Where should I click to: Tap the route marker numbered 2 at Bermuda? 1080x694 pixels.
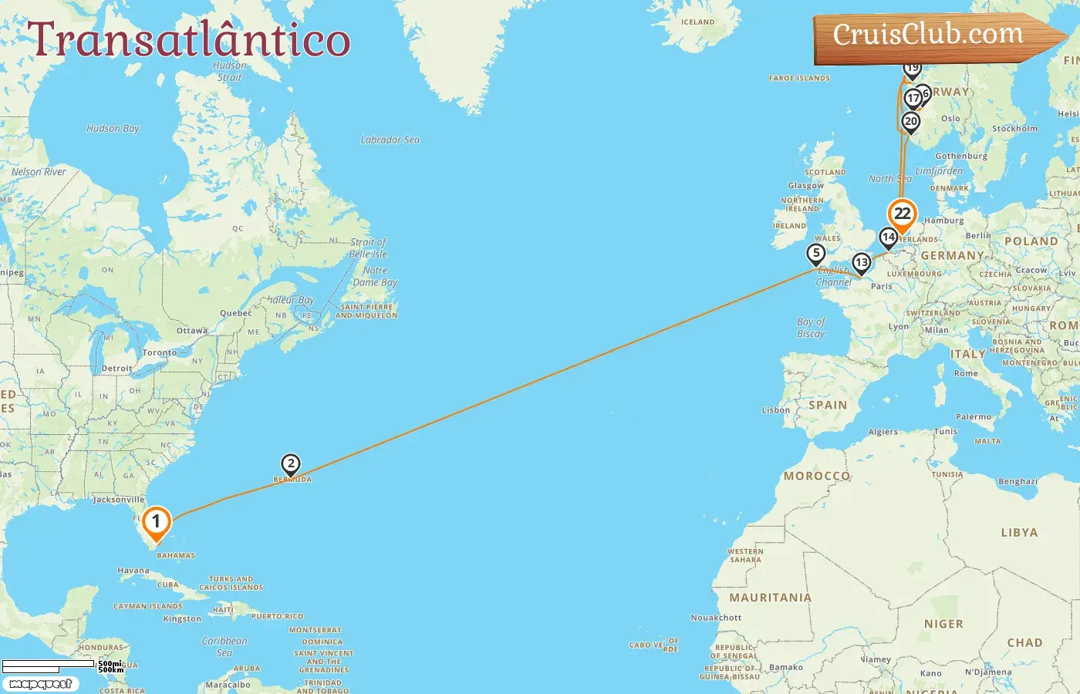point(291,464)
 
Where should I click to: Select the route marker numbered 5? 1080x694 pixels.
point(816,254)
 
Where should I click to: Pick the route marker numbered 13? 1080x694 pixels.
point(862,263)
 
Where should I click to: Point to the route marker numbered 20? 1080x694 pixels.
point(911,122)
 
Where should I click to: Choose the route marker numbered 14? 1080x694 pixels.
point(889,238)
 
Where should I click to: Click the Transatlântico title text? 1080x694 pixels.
point(189,40)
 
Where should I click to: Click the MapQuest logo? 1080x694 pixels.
point(40,683)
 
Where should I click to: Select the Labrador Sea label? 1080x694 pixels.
point(390,140)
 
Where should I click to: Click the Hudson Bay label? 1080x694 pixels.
point(113,129)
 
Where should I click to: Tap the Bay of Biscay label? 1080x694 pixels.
point(811,328)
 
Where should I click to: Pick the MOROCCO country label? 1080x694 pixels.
point(817,476)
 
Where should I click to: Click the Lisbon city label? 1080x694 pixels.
point(775,410)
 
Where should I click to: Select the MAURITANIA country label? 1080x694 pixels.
point(771,598)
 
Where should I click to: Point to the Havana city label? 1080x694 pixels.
point(133,571)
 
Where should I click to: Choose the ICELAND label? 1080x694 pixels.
point(698,22)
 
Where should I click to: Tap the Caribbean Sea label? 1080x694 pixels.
point(224,646)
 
